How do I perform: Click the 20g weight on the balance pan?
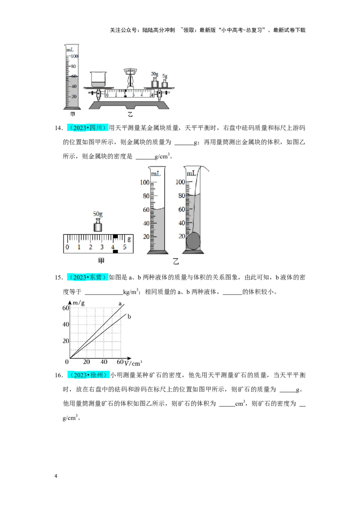(x=155, y=82)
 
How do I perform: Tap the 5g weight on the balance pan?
(x=165, y=83)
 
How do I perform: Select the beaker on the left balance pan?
(x=98, y=79)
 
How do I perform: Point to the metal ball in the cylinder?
(x=193, y=241)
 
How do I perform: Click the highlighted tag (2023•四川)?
(x=88, y=128)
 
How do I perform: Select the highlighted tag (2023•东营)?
(x=88, y=277)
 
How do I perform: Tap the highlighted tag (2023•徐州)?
(x=88, y=375)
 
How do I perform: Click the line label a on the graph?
(x=120, y=304)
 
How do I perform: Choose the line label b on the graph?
(x=129, y=317)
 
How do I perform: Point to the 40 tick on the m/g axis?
(x=66, y=324)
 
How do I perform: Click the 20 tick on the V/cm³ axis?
(x=86, y=362)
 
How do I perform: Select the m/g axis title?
(x=78, y=303)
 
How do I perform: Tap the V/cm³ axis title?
(x=133, y=363)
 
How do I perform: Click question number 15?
(x=58, y=277)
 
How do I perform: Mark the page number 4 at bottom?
(x=56, y=476)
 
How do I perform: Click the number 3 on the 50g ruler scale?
(x=102, y=247)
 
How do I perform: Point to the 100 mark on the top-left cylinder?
(x=74, y=56)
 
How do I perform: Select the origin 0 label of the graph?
(x=67, y=362)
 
